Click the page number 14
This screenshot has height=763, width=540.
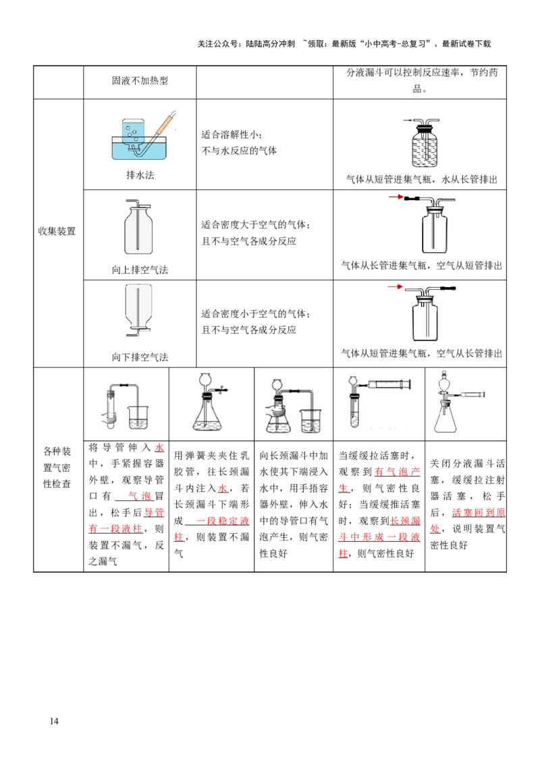pyautogui.click(x=54, y=721)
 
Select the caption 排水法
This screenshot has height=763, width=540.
pyautogui.click(x=140, y=175)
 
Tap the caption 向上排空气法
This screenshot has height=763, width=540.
pyautogui.click(x=140, y=270)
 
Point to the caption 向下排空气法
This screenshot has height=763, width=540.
pyautogui.click(x=140, y=357)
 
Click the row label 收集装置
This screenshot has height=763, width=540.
pyautogui.click(x=57, y=231)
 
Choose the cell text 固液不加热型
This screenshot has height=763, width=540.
pyautogui.click(x=140, y=81)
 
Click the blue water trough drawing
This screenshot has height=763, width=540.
pyautogui.click(x=139, y=148)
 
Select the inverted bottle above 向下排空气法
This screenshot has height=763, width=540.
pyautogui.click(x=138, y=310)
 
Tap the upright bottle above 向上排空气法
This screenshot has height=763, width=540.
pyautogui.click(x=138, y=227)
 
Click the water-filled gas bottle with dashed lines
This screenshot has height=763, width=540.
pyautogui.click(x=425, y=143)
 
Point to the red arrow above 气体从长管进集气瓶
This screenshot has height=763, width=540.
pyautogui.click(x=396, y=197)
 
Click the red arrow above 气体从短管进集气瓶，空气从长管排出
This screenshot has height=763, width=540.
pyautogui.click(x=396, y=286)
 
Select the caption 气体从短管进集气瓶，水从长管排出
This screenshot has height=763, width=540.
pyautogui.click(x=422, y=179)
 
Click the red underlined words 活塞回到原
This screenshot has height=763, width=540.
pyautogui.click(x=478, y=512)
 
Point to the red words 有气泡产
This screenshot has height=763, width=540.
pyautogui.click(x=397, y=472)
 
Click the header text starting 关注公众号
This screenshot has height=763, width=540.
pyautogui.click(x=344, y=44)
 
